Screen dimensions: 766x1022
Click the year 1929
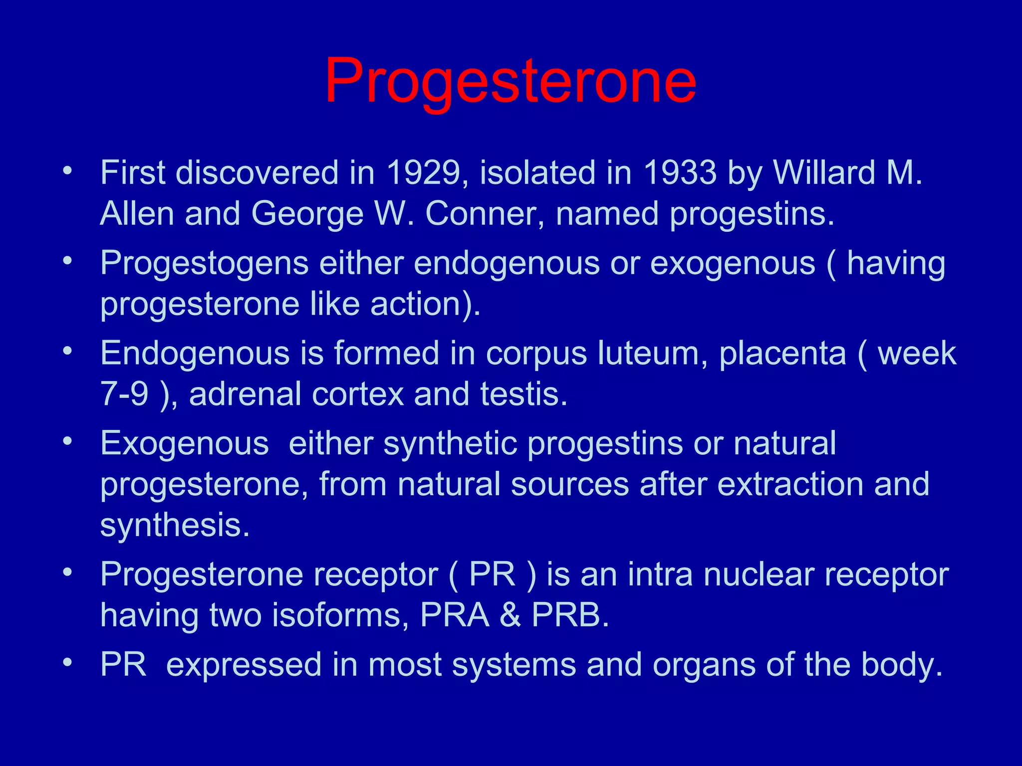[x=423, y=173]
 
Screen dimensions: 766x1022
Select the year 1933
[x=680, y=173]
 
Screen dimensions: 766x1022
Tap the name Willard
[x=824, y=173]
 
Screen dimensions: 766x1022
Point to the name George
[x=307, y=214]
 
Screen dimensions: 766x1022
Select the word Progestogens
[x=205, y=263]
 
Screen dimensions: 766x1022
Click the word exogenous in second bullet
[x=733, y=263]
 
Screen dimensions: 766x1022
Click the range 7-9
[x=125, y=394]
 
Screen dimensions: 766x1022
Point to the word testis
[x=524, y=394]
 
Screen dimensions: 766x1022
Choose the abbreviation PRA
[x=455, y=615]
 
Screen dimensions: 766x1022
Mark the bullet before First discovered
[x=67, y=171]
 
